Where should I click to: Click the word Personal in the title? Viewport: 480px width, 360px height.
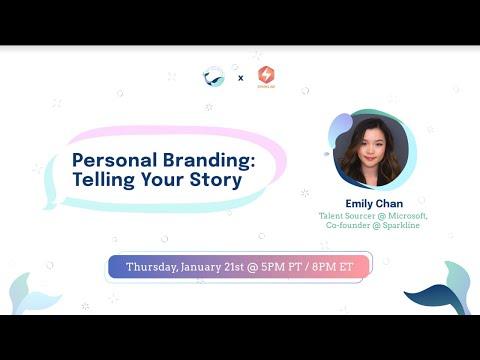[114, 160]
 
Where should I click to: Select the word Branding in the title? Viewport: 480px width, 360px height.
[209, 161]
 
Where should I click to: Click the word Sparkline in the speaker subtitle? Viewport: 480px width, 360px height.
[401, 225]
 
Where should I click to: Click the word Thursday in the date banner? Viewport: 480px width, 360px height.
[152, 267]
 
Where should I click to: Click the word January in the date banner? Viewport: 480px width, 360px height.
[201, 268]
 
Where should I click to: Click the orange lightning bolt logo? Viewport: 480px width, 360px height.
[266, 75]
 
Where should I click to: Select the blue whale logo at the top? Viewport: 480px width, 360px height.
[213, 77]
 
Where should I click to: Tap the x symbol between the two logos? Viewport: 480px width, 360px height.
[241, 78]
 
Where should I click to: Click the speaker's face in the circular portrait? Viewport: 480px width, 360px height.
[372, 150]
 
